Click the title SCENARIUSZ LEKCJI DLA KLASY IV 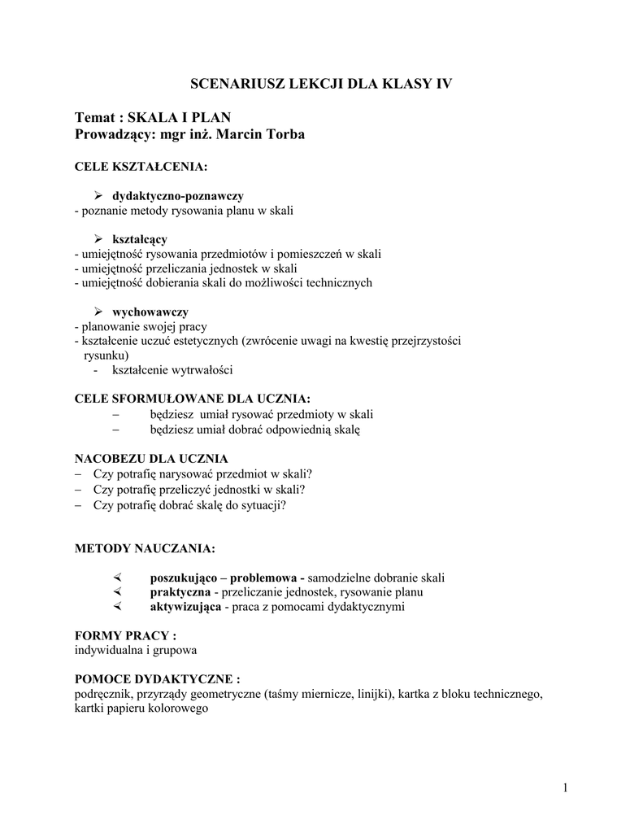coord(321,84)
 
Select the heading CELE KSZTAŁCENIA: coord(141,167)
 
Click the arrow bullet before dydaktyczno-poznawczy coord(99,196)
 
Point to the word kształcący coord(139,239)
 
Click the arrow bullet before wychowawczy coord(99,312)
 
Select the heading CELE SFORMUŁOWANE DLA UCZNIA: coord(192,399)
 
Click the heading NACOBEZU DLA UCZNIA coord(151,458)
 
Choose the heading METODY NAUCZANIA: coord(145,549)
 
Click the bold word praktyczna coord(180,592)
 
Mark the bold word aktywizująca coord(185,607)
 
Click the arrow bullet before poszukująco coord(117,578)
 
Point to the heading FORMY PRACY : coord(125,635)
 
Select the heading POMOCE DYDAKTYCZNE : coord(157,678)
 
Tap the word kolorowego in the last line coord(182,708)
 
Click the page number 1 coord(565,788)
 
